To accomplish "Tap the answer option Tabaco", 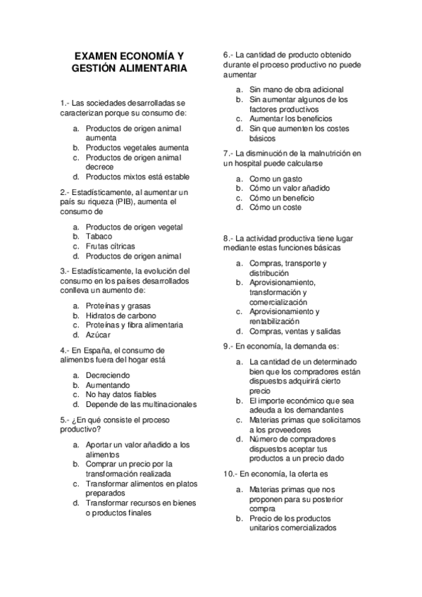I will coord(99,237).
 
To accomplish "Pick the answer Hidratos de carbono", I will coord(121,315).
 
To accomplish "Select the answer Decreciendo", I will coord(109,375).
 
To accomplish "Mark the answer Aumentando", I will coord(108,385).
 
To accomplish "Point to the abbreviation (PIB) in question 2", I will coord(128,201).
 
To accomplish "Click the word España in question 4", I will coord(97,350).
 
